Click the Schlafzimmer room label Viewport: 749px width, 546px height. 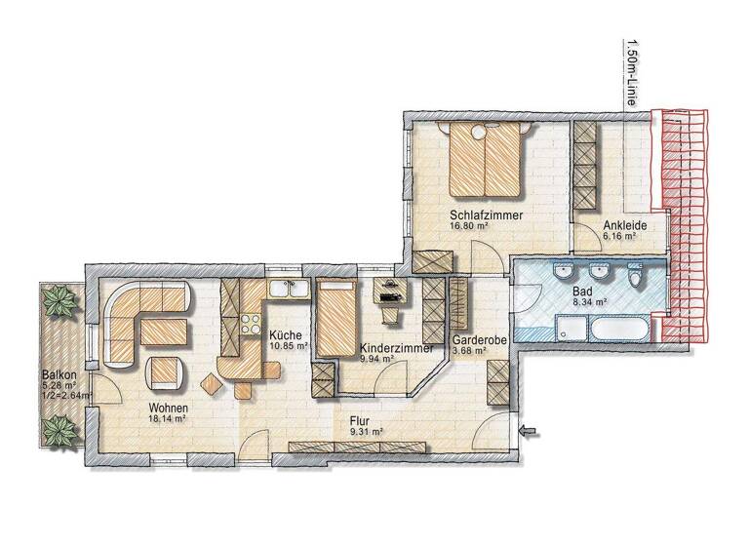[489, 214]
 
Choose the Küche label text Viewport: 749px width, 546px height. [287, 336]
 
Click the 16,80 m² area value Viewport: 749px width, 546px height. [469, 226]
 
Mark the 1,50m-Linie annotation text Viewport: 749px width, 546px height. [633, 69]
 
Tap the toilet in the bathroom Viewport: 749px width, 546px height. [637, 280]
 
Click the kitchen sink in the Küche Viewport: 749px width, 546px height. [286, 288]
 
